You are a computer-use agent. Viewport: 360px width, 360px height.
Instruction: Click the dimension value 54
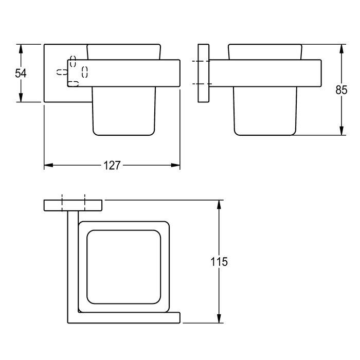pyautogui.click(x=21, y=73)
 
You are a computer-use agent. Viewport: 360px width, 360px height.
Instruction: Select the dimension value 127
pyautogui.click(x=112, y=165)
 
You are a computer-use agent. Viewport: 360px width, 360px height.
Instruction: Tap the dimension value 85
pyautogui.click(x=341, y=90)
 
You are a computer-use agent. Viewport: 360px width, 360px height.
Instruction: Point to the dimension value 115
pyautogui.click(x=219, y=261)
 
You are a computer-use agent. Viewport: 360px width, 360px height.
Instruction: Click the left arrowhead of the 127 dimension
pyautogui.click(x=48, y=165)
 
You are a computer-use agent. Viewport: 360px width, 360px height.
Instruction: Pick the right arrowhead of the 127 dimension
pyautogui.click(x=176, y=165)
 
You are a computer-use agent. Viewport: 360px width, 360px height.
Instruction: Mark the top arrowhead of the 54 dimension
pyautogui.click(x=21, y=49)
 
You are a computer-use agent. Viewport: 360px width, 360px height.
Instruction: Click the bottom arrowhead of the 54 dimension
pyautogui.click(x=21, y=98)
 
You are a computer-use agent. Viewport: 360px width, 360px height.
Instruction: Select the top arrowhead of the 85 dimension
pyautogui.click(x=341, y=49)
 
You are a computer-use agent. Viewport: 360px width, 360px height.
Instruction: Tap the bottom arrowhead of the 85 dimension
pyautogui.click(x=341, y=131)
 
